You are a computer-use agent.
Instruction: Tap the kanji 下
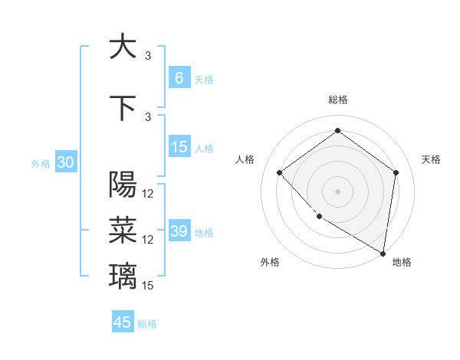[x=123, y=108]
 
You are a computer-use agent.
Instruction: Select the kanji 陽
[x=123, y=184]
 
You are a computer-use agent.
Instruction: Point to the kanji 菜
[x=123, y=228]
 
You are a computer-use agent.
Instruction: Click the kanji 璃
[x=123, y=274]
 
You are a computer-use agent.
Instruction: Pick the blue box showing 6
[x=179, y=78]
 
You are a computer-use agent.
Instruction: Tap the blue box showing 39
[x=179, y=231]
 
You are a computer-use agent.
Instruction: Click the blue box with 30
[x=65, y=162]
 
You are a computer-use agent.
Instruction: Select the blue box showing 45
[x=123, y=322]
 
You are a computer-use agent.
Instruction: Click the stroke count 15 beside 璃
[x=148, y=286]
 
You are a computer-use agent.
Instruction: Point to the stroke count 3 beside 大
[x=148, y=56]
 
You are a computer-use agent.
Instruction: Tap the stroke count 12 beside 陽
[x=148, y=194]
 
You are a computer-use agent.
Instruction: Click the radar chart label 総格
[x=337, y=100]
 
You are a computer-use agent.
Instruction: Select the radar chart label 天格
[x=432, y=159]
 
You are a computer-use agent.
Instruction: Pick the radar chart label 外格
[x=270, y=262]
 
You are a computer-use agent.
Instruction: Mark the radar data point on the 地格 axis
[x=383, y=253]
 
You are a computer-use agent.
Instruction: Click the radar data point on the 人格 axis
[x=280, y=172]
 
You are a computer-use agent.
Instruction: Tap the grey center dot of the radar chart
[x=337, y=191]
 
